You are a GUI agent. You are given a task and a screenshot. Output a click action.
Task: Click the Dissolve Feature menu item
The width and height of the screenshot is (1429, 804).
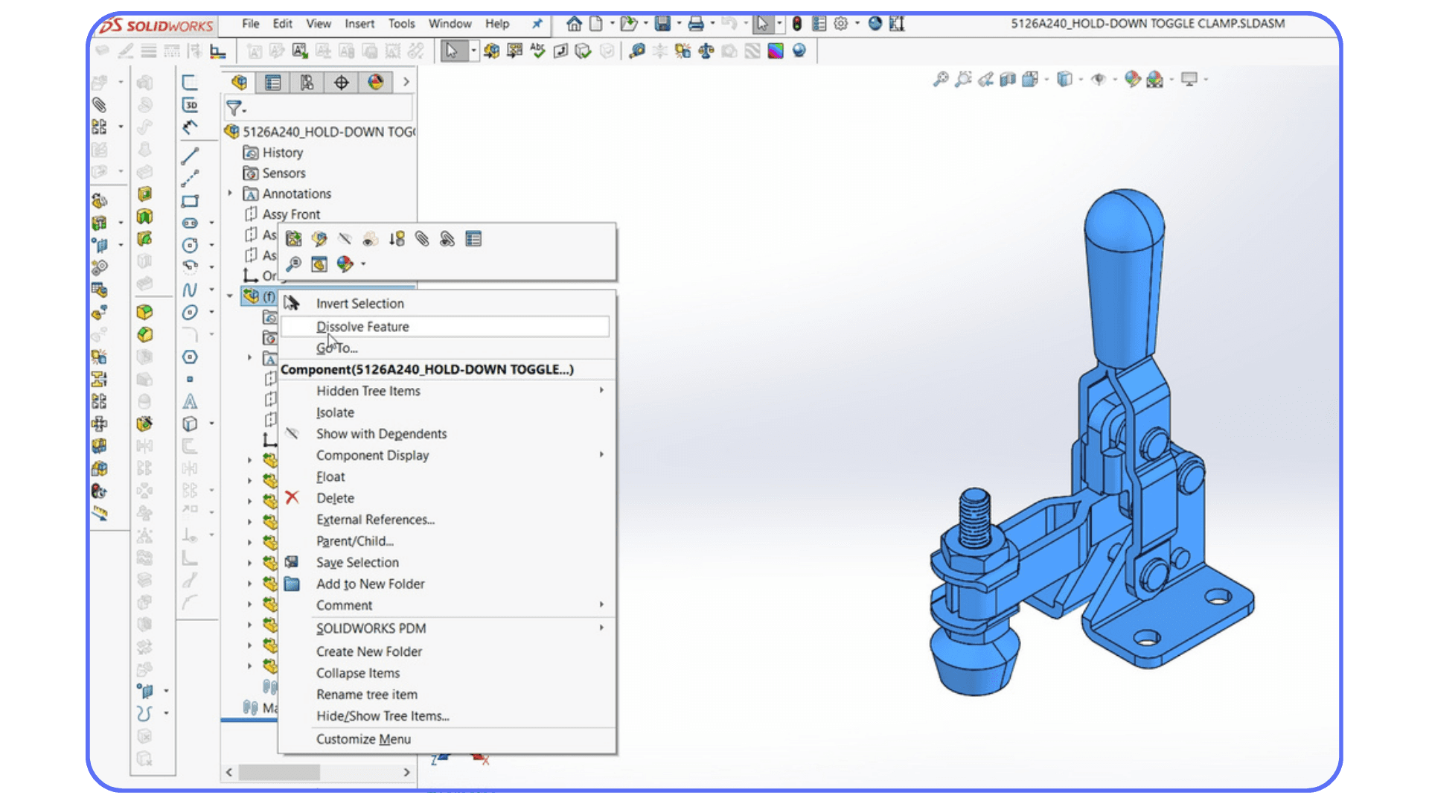pyautogui.click(x=362, y=327)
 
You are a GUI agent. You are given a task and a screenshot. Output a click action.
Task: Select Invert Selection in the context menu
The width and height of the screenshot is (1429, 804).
pyautogui.click(x=359, y=304)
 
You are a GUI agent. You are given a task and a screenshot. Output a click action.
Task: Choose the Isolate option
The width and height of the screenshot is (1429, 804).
pyautogui.click(x=335, y=412)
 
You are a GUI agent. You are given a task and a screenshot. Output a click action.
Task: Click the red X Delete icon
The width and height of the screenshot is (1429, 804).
pyautogui.click(x=292, y=498)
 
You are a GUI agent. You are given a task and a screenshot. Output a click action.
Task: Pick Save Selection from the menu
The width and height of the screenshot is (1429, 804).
pyautogui.click(x=357, y=563)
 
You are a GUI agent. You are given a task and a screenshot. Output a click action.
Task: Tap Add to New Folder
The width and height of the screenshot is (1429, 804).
pyautogui.click(x=370, y=584)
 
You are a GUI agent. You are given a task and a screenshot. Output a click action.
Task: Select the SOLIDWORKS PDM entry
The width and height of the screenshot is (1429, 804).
pyautogui.click(x=371, y=628)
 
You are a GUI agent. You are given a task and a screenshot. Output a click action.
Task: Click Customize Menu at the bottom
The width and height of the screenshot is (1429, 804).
pyautogui.click(x=363, y=739)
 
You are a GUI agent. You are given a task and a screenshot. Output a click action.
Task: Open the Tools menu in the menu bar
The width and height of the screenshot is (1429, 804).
pyautogui.click(x=401, y=24)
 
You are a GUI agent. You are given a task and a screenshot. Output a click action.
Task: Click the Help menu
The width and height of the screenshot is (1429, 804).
pyautogui.click(x=497, y=24)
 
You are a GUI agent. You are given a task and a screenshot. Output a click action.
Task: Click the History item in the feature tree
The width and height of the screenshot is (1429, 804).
pyautogui.click(x=282, y=153)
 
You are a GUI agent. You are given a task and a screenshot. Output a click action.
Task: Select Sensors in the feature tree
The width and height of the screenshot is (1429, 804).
pyautogui.click(x=284, y=173)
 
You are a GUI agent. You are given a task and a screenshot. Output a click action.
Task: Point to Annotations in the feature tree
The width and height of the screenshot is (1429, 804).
pyautogui.click(x=296, y=194)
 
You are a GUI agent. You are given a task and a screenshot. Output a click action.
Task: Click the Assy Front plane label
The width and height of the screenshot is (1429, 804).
pyautogui.click(x=291, y=214)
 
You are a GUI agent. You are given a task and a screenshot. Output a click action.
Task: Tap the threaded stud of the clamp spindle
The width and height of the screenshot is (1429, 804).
pyautogui.click(x=974, y=517)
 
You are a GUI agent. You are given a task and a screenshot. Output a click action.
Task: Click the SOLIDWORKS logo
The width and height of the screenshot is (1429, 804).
pyautogui.click(x=157, y=26)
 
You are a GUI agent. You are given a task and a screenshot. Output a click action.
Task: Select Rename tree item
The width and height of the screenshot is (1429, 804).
pyautogui.click(x=366, y=695)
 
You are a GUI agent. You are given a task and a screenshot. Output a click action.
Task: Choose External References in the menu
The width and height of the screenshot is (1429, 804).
pyautogui.click(x=375, y=520)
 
